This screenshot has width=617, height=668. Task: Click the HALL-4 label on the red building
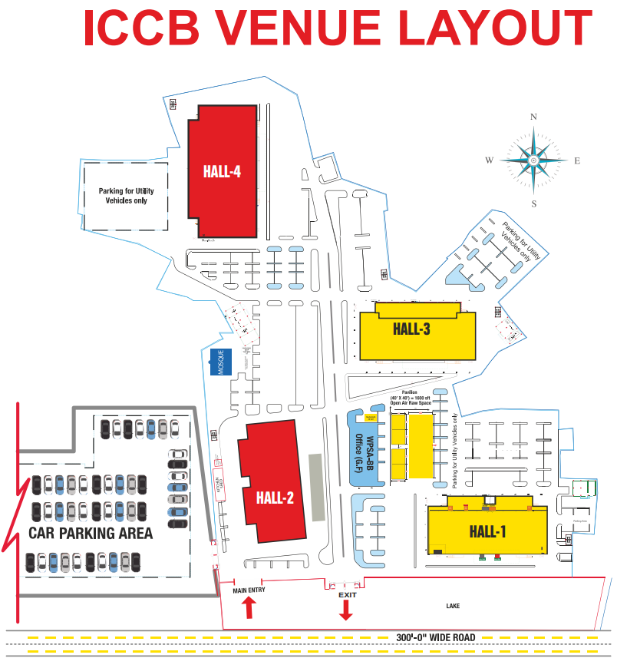point(223,171)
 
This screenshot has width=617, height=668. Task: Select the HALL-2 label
point(276,498)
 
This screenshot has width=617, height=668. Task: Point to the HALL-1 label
point(488,531)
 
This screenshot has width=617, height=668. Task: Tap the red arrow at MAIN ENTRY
point(248,608)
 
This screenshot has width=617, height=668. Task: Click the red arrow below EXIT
point(345,610)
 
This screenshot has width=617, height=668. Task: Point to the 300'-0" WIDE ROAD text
point(436,637)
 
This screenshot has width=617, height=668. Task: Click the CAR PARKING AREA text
point(91,533)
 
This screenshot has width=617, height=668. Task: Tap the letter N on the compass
point(533,117)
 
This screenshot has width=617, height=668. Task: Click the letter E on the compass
point(577,160)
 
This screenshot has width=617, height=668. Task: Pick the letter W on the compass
point(488,160)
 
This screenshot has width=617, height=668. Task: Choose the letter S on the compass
point(533,203)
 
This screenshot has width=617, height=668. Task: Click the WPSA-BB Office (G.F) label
point(364,454)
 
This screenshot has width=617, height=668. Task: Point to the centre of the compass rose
point(533,160)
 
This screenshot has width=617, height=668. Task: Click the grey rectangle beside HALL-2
point(315,488)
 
